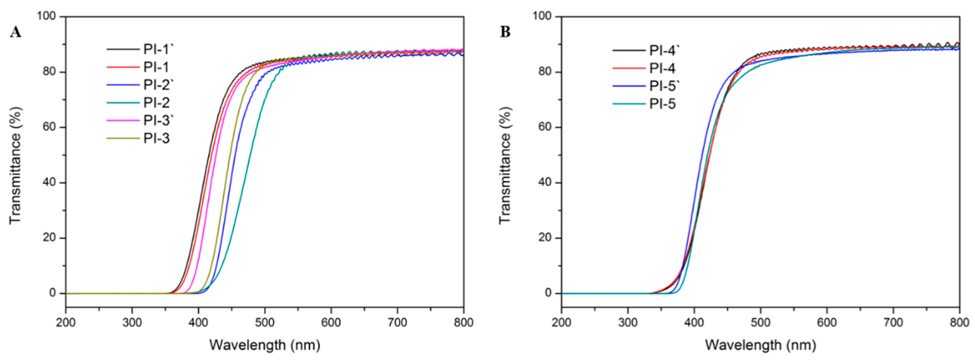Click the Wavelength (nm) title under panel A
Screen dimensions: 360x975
coord(264,345)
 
